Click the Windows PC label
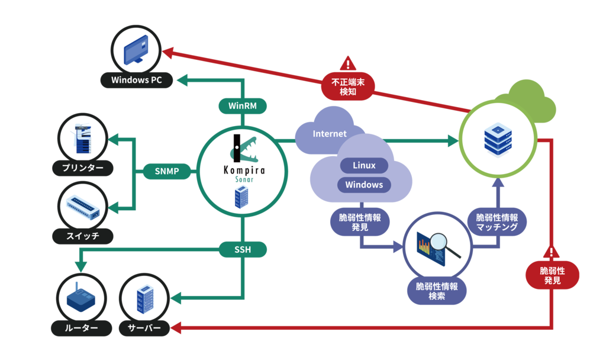[137, 80]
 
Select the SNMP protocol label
[168, 172]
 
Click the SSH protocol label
[243, 250]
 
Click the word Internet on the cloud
[330, 134]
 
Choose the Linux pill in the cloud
[364, 165]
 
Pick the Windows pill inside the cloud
[364, 185]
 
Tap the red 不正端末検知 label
[348, 86]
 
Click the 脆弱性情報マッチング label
[497, 223]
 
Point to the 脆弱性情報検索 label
[437, 291]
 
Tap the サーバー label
[144, 327]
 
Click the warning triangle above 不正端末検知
[348, 63]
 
